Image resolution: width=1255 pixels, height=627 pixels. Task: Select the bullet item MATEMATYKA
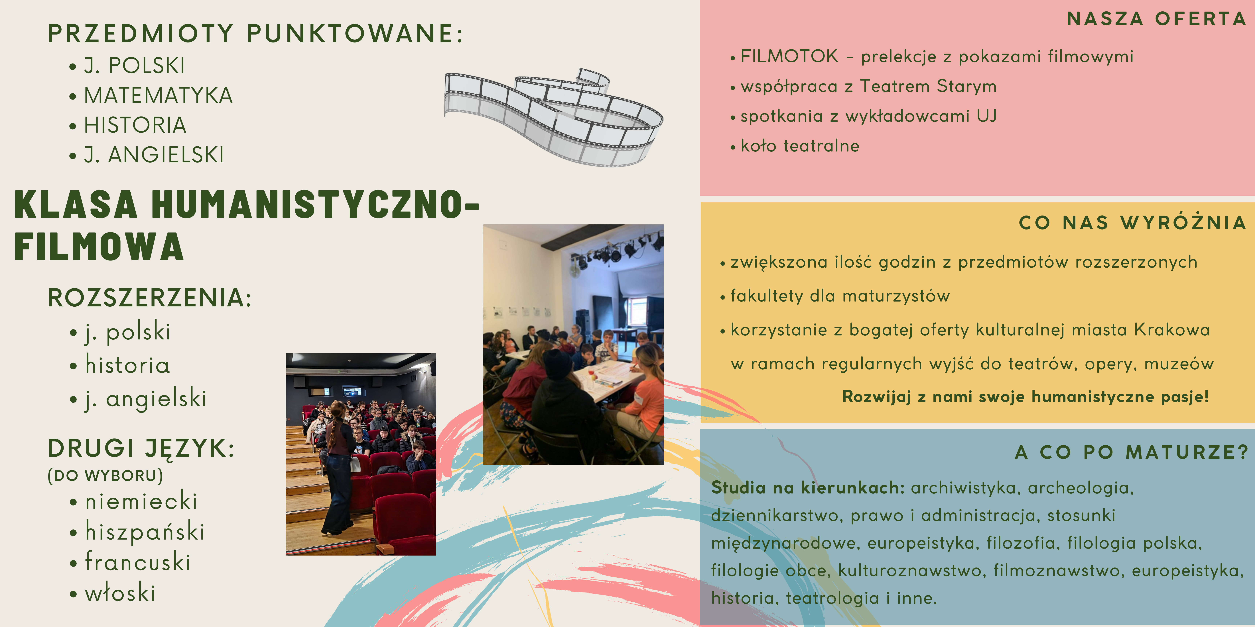tap(158, 95)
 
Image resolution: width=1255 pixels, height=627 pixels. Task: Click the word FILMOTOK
tap(789, 56)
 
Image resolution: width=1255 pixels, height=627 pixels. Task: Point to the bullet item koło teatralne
tap(800, 146)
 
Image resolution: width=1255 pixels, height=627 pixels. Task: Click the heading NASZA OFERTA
tap(1156, 19)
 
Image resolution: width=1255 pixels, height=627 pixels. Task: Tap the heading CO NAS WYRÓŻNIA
tap(1132, 222)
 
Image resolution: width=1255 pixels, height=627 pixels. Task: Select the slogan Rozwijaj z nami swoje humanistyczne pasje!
tap(1025, 396)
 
